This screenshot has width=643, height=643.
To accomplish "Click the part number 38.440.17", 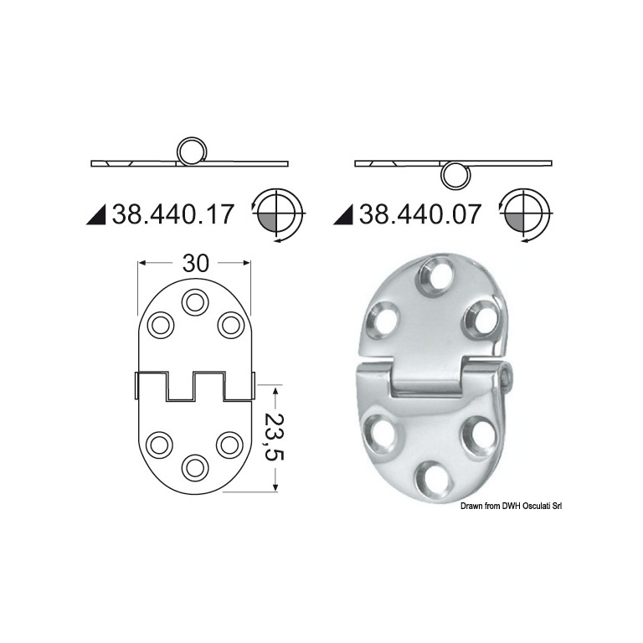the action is point(172,214).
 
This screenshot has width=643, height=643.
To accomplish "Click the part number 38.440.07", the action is point(419,214).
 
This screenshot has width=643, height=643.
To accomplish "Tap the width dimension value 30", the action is point(196,263).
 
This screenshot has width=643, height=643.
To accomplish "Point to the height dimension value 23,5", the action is point(275,437).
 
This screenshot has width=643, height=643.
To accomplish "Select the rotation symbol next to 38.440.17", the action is point(278,215).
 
